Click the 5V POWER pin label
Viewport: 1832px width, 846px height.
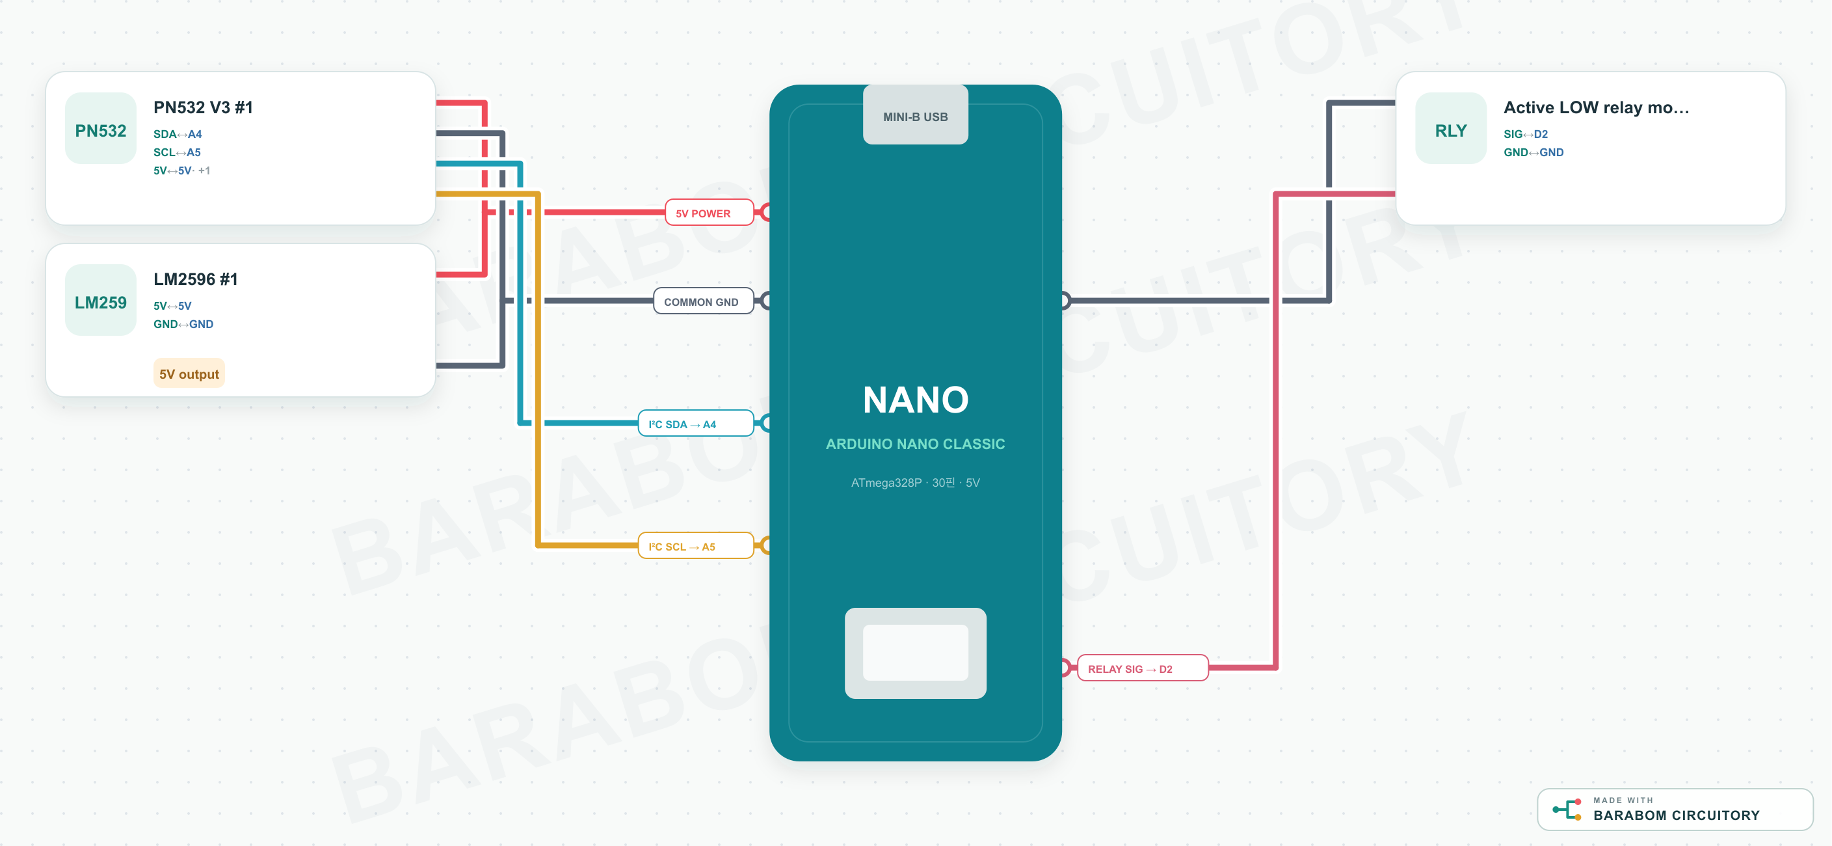(709, 213)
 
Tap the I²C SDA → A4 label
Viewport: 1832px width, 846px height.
(695, 424)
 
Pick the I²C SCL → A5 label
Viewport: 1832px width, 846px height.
(695, 546)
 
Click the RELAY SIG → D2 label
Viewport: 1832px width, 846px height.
(1142, 668)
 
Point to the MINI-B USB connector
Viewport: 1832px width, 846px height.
(915, 115)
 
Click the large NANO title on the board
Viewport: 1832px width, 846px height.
(915, 399)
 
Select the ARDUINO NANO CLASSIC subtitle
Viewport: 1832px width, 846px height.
(915, 444)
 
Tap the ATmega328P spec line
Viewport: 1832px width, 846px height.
(915, 482)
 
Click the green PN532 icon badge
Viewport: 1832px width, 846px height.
(100, 129)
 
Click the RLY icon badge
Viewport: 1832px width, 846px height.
(1451, 129)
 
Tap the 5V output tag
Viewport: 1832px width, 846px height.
(189, 374)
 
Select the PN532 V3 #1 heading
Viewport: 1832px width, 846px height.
(204, 107)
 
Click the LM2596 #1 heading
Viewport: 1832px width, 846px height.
(196, 279)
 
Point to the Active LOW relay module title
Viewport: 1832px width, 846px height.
(1596, 107)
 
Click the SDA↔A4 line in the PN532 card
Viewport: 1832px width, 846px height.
(178, 134)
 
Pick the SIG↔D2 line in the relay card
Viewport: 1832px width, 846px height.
(1526, 134)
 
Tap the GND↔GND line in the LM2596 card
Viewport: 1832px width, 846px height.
(183, 323)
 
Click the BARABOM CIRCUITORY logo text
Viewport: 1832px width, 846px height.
(1677, 815)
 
